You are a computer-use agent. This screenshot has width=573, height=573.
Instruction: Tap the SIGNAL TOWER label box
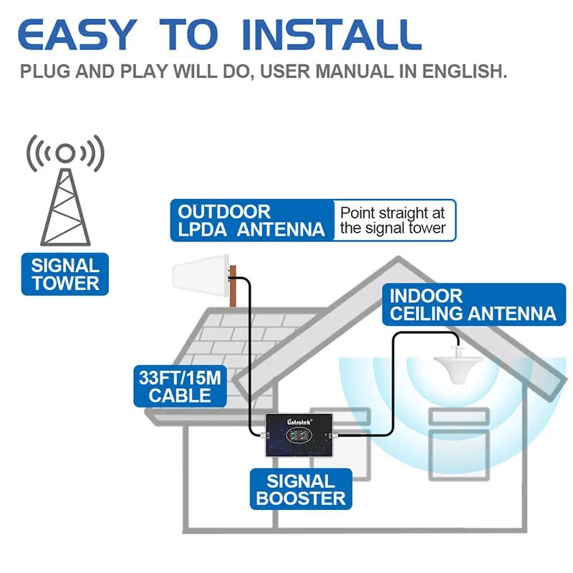65,274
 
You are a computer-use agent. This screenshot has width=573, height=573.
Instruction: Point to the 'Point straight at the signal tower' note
393,221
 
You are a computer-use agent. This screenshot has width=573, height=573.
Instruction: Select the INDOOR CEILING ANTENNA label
472,304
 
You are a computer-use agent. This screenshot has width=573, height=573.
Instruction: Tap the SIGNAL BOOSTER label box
301,490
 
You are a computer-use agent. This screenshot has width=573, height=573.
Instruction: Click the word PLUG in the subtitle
44,72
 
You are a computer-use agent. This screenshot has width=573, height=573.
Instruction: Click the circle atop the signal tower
65,152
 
